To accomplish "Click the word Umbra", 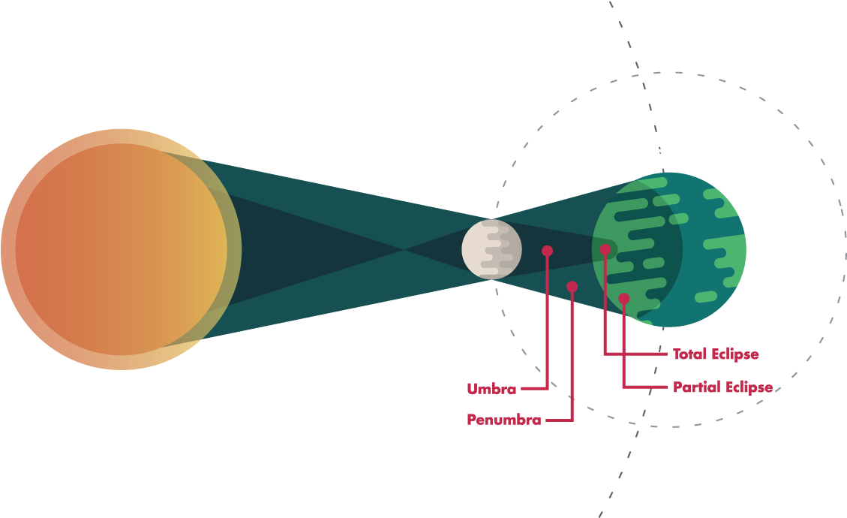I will (491, 389).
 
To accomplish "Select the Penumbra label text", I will (503, 420).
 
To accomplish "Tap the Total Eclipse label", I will (715, 354).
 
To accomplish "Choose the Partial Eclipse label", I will (722, 387).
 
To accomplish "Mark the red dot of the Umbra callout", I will (547, 251).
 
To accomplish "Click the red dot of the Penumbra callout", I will (572, 286).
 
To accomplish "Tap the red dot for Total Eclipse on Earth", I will (605, 249).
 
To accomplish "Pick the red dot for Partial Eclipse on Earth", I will (623, 299).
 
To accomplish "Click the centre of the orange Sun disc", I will (121, 249).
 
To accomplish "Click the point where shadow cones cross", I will (405, 248).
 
